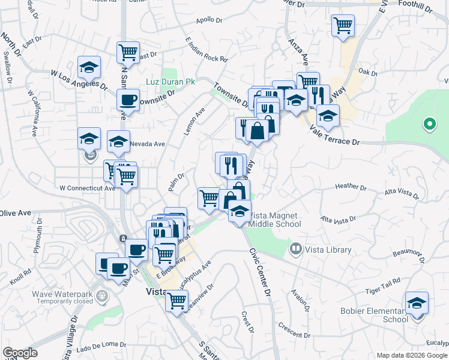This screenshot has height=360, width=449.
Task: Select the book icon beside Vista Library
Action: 295,248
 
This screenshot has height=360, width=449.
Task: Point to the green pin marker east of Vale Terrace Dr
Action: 429,124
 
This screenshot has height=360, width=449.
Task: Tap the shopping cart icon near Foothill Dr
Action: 343,26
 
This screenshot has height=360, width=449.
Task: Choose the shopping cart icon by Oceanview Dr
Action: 177,301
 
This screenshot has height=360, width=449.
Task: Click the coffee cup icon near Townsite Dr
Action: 128,100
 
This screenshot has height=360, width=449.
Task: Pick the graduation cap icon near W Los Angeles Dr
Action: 89,67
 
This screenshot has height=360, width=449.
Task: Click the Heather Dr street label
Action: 347,186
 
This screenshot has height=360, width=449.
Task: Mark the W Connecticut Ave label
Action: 87,188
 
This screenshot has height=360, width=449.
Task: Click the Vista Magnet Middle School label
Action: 275,220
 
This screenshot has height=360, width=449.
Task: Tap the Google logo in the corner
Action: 20,353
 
